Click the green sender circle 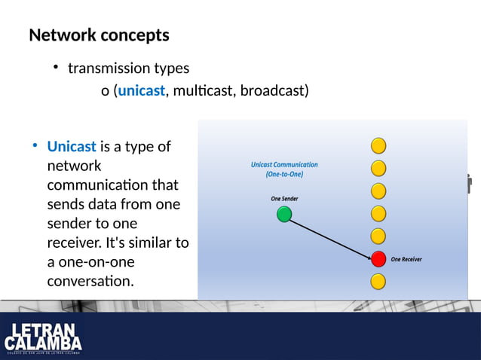coord(284,215)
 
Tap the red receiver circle coord(378,259)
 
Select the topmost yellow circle coord(378,145)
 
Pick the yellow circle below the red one coord(378,282)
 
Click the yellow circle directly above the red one coord(378,236)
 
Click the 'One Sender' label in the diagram coord(284,199)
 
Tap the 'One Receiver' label coord(406,260)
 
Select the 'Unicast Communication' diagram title coord(284,164)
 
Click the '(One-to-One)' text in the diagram coord(284,174)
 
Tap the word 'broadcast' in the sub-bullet coord(271,91)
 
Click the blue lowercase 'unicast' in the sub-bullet coord(141,91)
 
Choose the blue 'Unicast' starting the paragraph coord(71,146)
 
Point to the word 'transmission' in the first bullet coord(109,69)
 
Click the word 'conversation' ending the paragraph coord(90,282)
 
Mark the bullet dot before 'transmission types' coord(56,68)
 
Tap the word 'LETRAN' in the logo coord(43,331)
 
